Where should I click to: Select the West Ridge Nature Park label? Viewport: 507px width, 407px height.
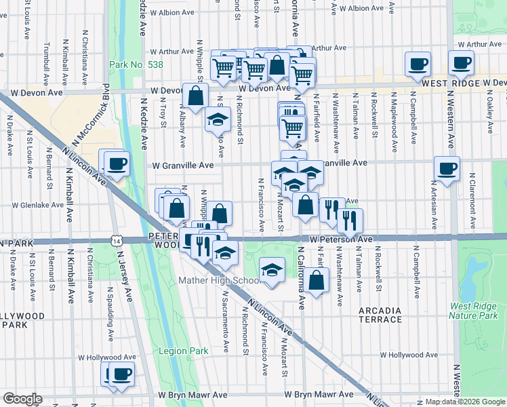477,310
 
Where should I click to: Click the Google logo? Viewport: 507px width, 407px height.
22,399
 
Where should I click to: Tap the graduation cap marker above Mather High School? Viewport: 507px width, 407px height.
272,271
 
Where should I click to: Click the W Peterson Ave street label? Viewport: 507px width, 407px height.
342,239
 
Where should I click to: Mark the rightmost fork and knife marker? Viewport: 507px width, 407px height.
350,219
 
